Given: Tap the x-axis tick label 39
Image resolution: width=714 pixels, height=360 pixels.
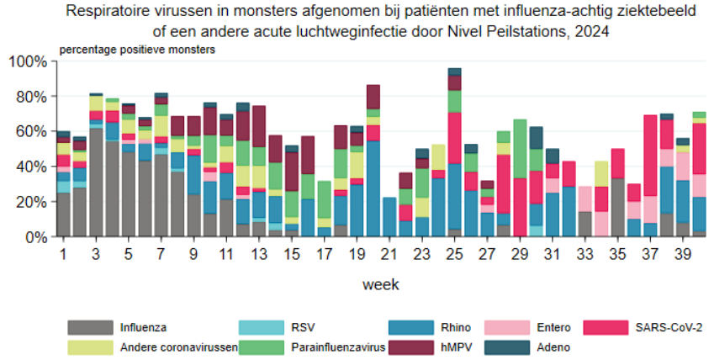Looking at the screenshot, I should coord(683,253).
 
